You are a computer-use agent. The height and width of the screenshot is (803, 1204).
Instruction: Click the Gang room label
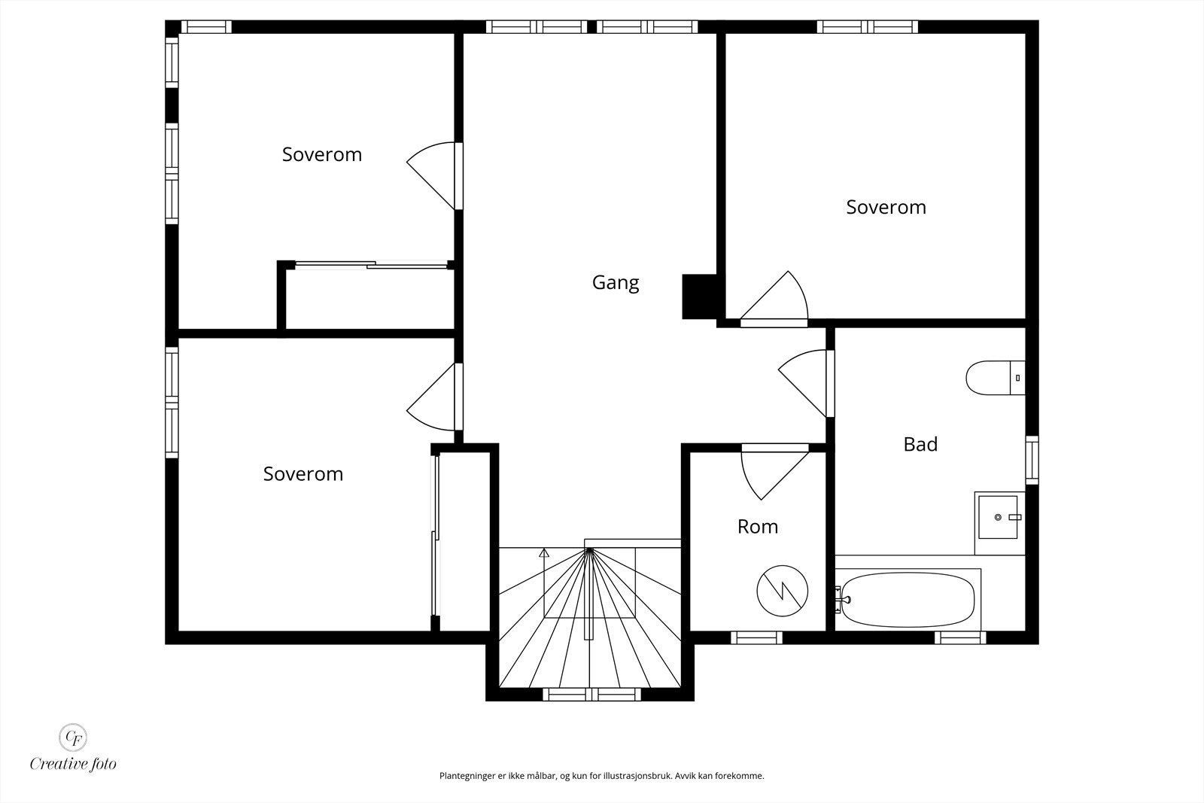coord(616,283)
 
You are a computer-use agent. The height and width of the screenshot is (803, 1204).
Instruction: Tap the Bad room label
coord(920,445)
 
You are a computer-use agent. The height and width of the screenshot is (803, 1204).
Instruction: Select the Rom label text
coord(757,527)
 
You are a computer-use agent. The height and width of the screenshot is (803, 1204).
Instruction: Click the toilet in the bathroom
coord(996,378)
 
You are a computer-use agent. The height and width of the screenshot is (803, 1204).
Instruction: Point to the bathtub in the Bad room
coord(908,599)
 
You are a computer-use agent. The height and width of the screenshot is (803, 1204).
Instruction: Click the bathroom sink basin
coord(998,517)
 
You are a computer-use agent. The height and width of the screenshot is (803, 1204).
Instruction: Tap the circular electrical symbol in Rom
coord(782,591)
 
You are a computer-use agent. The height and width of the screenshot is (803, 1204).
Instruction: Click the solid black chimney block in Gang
coord(700,297)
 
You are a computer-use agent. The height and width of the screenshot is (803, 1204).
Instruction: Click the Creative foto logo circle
coord(73,738)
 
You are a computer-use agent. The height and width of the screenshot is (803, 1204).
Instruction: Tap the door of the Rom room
coord(774,471)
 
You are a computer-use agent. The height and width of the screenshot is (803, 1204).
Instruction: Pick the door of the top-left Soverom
coord(434,176)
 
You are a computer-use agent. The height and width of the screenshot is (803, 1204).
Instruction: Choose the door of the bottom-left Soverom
coord(434,397)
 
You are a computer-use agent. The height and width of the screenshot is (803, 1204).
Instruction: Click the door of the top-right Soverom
coord(774,299)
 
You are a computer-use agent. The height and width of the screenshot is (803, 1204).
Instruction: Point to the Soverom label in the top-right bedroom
coord(886,208)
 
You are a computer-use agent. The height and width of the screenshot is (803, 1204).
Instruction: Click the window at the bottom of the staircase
coord(591,695)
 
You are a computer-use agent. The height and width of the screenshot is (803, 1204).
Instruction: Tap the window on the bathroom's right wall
coord(1032,460)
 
